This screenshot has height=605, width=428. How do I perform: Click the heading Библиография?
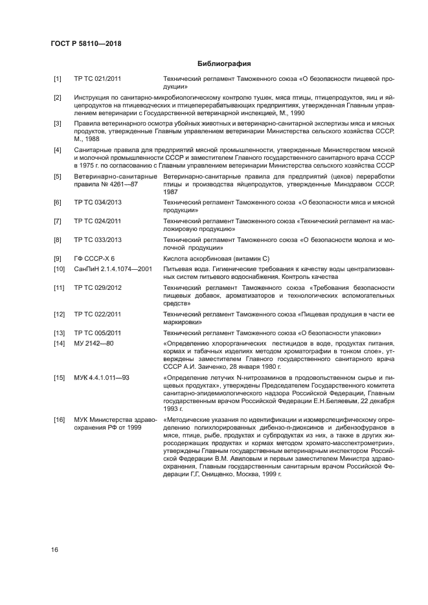[223, 63]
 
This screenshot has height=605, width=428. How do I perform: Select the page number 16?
[56, 549]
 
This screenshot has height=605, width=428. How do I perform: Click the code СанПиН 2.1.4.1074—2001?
[113, 269]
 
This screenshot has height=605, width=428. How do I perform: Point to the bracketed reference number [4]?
[58, 150]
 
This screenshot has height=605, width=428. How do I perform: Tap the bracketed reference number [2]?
[58, 97]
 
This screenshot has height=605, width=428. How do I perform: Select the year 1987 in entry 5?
[171, 192]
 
